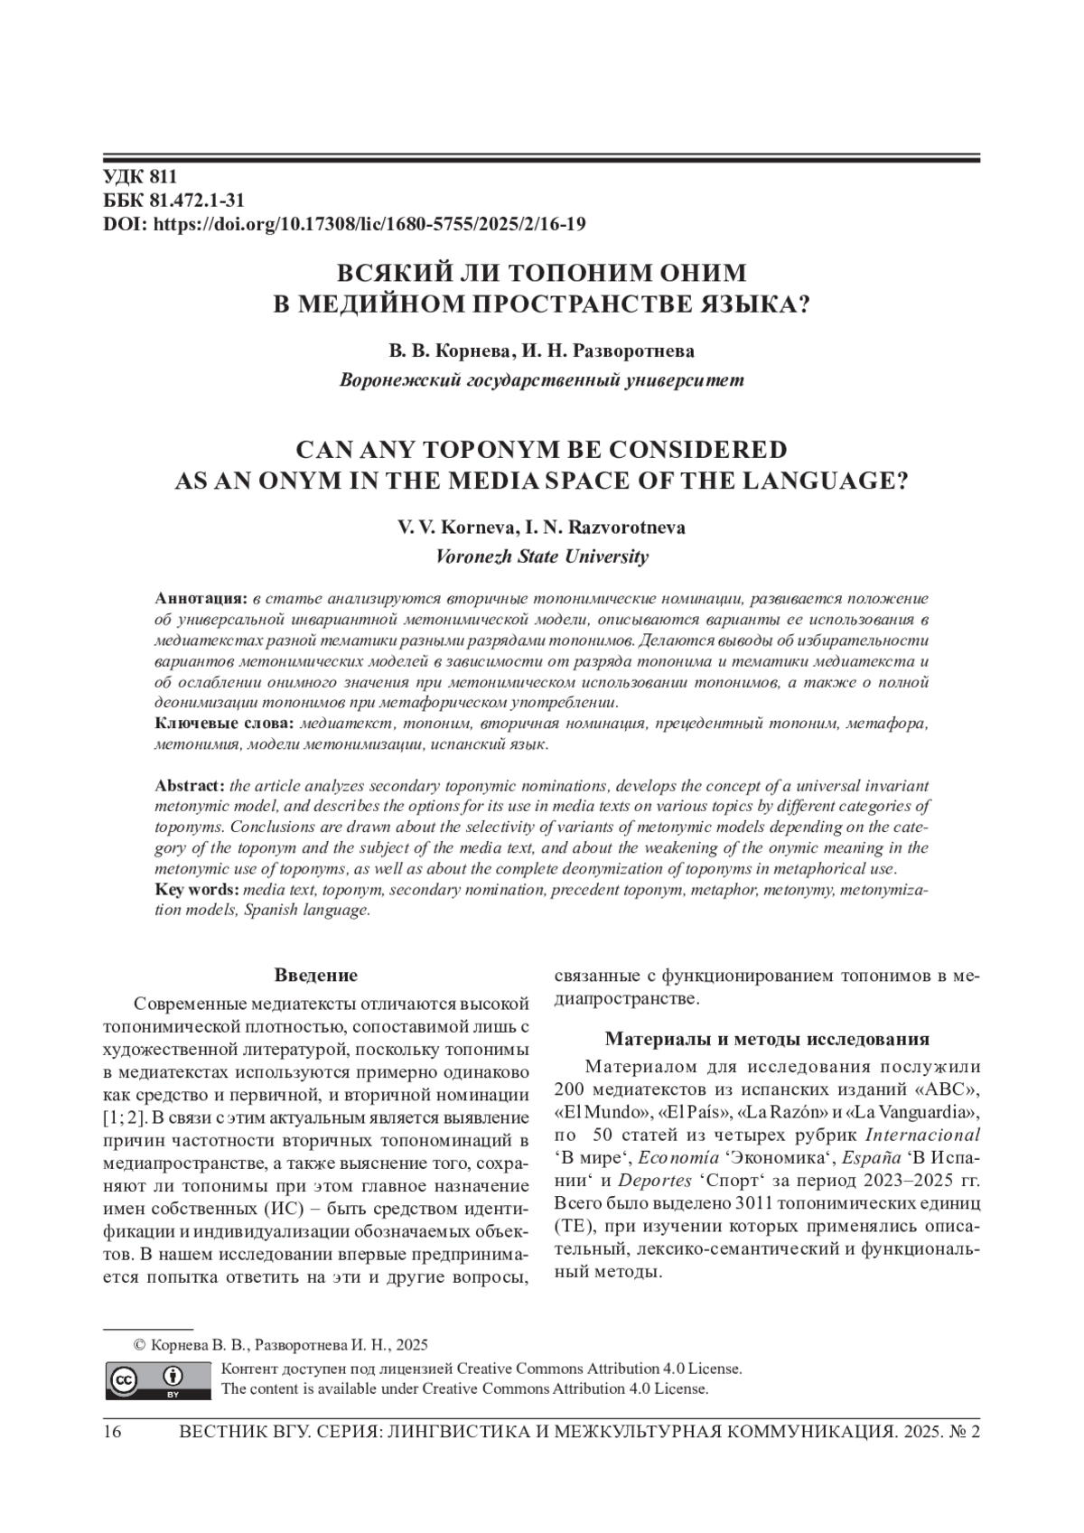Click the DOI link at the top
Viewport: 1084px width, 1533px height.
[x=369, y=224]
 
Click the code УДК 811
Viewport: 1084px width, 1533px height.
[x=140, y=177]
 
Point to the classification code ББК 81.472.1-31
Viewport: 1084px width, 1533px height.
[x=173, y=201]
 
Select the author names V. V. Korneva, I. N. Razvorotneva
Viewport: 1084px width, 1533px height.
[x=541, y=528]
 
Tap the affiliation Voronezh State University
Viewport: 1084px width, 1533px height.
[x=541, y=556]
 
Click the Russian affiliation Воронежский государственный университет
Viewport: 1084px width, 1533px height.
[x=541, y=379]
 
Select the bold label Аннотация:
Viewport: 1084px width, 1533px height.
[x=201, y=598]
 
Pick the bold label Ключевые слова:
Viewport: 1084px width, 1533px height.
[x=224, y=724]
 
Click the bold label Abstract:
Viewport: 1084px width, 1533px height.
[x=190, y=786]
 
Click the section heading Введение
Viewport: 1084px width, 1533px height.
[x=315, y=976]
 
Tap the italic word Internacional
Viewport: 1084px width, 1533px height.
[x=922, y=1134]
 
